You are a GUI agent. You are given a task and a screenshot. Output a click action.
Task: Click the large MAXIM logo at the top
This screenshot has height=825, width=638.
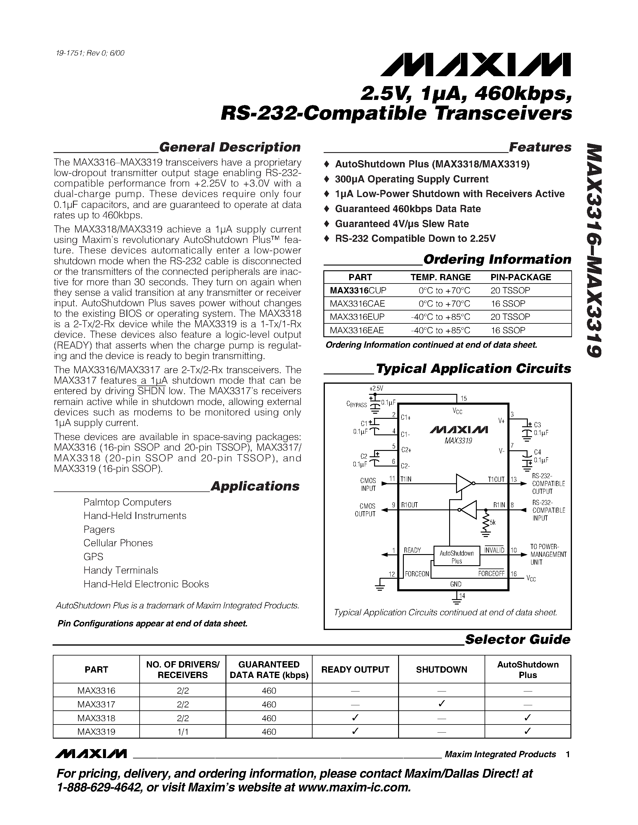(476, 64)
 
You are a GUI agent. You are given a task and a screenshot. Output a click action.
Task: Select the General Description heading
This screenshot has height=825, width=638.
(229, 147)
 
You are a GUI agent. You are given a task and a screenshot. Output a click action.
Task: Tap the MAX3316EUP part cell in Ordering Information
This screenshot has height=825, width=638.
(357, 316)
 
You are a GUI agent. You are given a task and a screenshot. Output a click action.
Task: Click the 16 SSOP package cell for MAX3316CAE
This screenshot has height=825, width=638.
(508, 303)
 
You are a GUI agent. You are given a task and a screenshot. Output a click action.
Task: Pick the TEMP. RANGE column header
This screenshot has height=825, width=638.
(440, 277)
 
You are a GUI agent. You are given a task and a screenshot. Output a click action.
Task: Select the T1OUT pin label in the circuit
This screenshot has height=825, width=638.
(496, 479)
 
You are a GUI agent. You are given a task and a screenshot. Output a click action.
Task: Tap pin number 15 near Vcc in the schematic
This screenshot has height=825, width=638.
(464, 398)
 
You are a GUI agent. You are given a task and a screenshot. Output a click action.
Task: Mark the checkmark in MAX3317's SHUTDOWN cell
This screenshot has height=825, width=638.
(441, 704)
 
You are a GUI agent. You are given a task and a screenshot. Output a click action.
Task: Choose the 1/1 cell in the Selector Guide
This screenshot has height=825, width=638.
(183, 731)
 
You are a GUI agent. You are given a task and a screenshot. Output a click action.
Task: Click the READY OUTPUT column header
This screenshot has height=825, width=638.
(355, 669)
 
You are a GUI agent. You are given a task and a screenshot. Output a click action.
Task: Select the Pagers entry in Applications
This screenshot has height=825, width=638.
(99, 529)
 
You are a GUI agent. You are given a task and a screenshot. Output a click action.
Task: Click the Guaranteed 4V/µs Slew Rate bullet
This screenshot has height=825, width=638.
(401, 223)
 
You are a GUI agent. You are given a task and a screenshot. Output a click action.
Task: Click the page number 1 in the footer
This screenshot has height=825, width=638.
(567, 754)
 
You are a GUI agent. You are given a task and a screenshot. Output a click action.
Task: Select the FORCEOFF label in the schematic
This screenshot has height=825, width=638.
(491, 574)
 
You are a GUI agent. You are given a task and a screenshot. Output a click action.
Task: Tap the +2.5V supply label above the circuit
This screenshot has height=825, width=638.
(376, 388)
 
